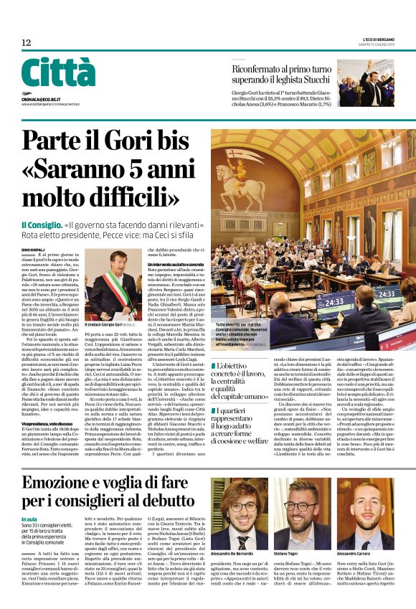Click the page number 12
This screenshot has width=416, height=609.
coord(26,43)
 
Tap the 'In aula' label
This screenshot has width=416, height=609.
coord(29,519)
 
